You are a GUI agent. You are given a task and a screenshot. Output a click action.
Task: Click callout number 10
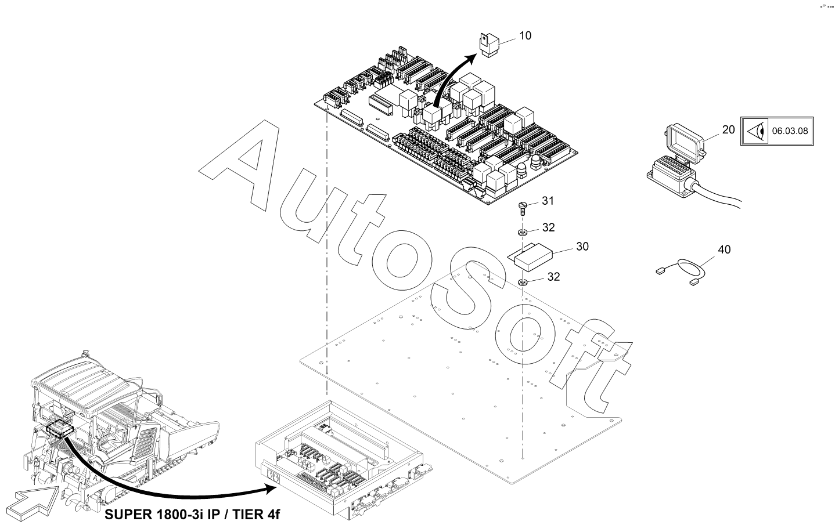(526, 36)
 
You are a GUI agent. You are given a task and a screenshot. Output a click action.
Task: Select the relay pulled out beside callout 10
(490, 45)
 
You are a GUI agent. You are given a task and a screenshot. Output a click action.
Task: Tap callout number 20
(728, 129)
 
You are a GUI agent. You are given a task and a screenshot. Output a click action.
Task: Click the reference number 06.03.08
(790, 131)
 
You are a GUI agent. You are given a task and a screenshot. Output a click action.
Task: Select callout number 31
(548, 201)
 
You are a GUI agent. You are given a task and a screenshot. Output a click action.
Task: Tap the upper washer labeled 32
(523, 233)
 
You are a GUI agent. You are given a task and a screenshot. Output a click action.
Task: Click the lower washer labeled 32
(523, 282)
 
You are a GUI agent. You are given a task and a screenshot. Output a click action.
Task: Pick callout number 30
(582, 246)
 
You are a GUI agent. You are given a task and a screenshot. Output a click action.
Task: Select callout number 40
(724, 249)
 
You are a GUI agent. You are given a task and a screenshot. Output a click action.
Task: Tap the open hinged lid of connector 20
(685, 143)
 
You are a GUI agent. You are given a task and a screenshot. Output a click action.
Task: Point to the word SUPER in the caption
(128, 515)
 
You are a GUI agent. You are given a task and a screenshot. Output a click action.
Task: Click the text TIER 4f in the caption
(257, 515)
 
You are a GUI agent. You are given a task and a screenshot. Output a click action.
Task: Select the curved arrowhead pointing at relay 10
(470, 59)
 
